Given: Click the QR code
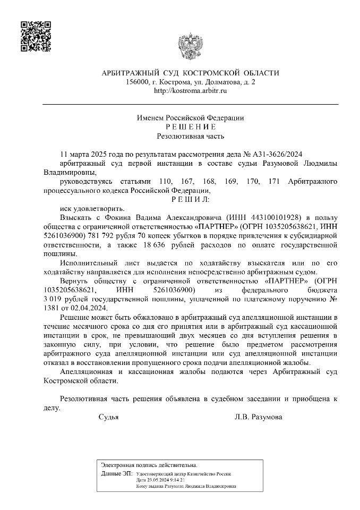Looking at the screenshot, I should click(x=36, y=36).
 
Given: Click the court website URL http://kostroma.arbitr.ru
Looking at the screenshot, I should click(x=190, y=91).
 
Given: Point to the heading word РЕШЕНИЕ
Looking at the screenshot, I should click(x=190, y=127).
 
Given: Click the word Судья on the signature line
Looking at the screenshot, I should click(x=109, y=417).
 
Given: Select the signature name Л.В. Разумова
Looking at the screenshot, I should click(x=258, y=417).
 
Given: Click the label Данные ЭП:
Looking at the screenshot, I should click(x=117, y=473).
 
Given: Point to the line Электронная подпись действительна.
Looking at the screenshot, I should click(x=149, y=465).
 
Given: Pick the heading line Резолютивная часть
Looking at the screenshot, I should click(x=190, y=136).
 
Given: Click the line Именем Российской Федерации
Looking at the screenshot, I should click(x=190, y=118).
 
